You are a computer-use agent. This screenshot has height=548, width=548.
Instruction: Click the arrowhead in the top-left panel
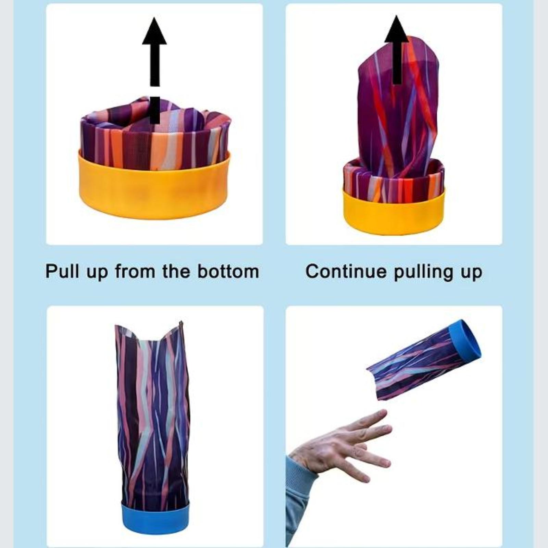point(154,33)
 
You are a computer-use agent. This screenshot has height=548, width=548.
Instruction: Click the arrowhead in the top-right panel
point(397,30)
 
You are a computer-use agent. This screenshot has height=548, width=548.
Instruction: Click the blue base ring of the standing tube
point(155,522)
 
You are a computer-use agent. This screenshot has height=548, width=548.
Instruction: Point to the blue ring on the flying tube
point(465,342)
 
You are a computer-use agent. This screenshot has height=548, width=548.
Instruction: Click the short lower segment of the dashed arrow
point(154,110)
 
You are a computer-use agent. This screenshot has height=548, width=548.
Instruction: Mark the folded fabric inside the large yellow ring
point(156,134)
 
